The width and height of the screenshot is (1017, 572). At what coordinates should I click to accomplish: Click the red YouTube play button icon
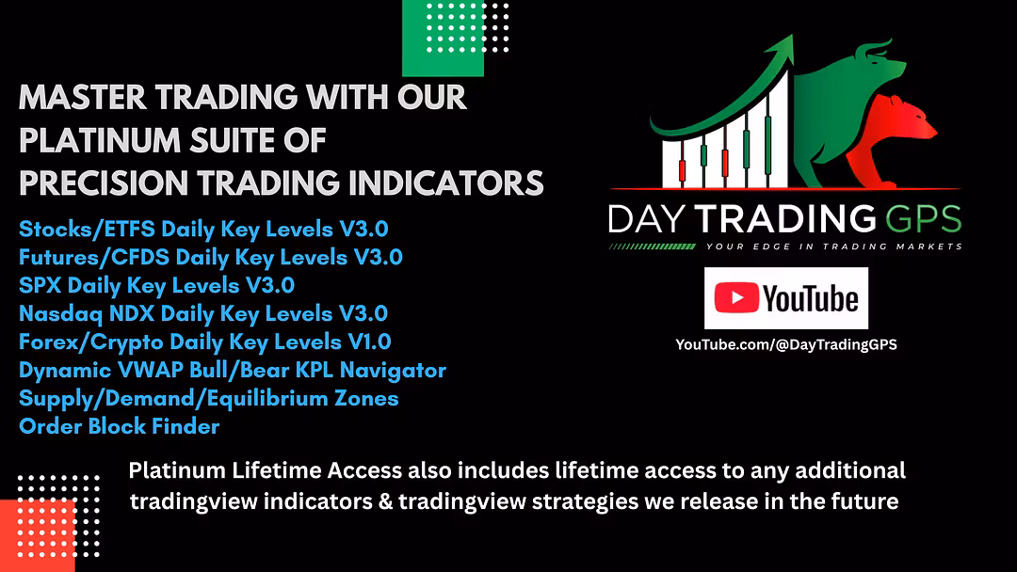pyautogui.click(x=736, y=298)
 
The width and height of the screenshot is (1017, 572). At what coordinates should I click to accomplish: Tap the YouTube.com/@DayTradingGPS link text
pyautogui.click(x=786, y=344)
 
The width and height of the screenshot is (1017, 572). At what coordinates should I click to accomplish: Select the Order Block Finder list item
pyautogui.click(x=120, y=426)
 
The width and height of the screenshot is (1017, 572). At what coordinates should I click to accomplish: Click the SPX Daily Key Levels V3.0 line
pyautogui.click(x=157, y=286)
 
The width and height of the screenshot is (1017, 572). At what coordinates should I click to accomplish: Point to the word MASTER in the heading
pyautogui.click(x=83, y=98)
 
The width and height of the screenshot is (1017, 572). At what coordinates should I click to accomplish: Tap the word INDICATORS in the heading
pyautogui.click(x=446, y=183)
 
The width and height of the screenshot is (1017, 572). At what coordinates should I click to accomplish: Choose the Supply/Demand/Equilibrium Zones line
pyautogui.click(x=209, y=398)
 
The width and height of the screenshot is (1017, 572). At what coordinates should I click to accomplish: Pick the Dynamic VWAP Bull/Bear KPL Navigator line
pyautogui.click(x=233, y=370)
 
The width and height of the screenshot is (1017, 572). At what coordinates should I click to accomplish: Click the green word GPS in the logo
pyautogui.click(x=924, y=219)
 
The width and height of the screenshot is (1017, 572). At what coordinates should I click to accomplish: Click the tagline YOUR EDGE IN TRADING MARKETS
pyautogui.click(x=834, y=246)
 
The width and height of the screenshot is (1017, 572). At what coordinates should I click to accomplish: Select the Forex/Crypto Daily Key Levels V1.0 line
pyautogui.click(x=205, y=342)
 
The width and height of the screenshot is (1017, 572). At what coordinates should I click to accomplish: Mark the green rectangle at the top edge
pyautogui.click(x=443, y=39)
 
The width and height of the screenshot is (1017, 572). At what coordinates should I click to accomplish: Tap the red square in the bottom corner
pyautogui.click(x=37, y=535)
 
